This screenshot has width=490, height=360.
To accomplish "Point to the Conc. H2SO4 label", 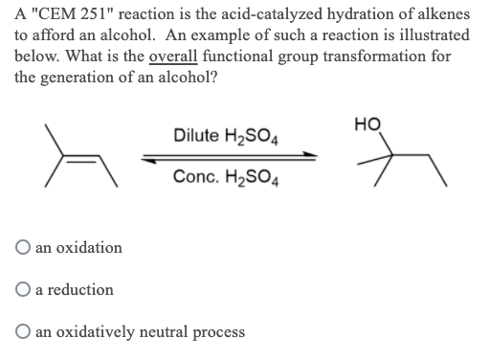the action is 228,177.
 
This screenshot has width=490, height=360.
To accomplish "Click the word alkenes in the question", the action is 442,13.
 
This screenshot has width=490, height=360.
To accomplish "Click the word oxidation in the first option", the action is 90,247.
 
